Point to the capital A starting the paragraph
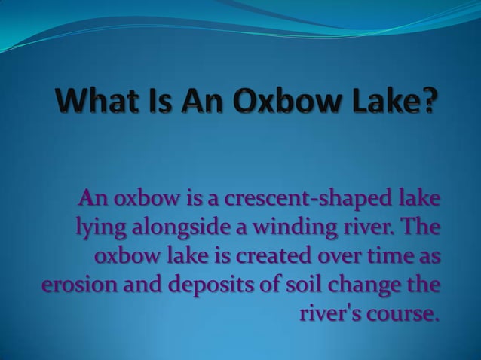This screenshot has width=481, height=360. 87,200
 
